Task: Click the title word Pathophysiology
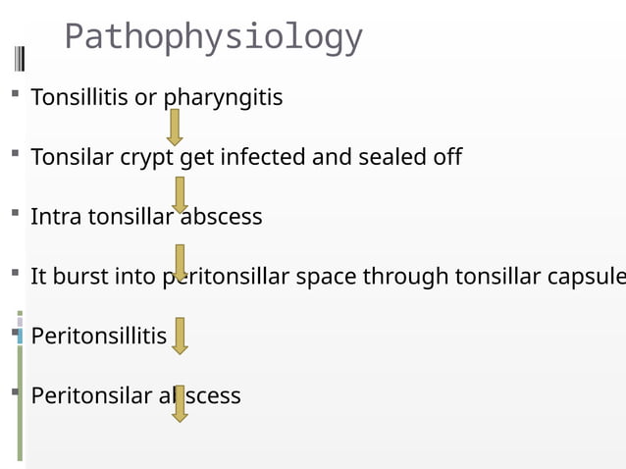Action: pos(213,38)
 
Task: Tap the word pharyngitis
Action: pos(223,98)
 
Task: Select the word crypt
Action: pos(143,158)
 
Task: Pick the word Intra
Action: pos(56,217)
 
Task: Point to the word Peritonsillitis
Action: pos(99,337)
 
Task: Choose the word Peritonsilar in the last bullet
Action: pos(91,396)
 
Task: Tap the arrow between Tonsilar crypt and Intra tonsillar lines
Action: pos(180,194)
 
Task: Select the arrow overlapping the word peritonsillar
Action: pos(180,262)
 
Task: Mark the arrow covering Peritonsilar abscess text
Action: pos(180,403)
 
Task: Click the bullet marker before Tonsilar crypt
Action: pos(16,155)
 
